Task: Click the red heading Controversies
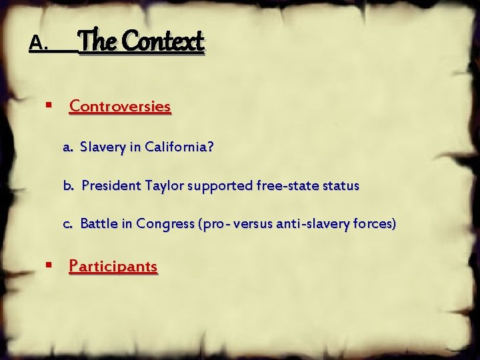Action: pos(120,106)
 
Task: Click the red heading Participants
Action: pos(113,267)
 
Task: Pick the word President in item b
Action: pos(109,185)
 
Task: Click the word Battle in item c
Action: pos(99,224)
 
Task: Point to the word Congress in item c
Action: pos(163,224)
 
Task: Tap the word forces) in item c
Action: pos(373,224)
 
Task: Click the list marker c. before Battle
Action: pos(68,224)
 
